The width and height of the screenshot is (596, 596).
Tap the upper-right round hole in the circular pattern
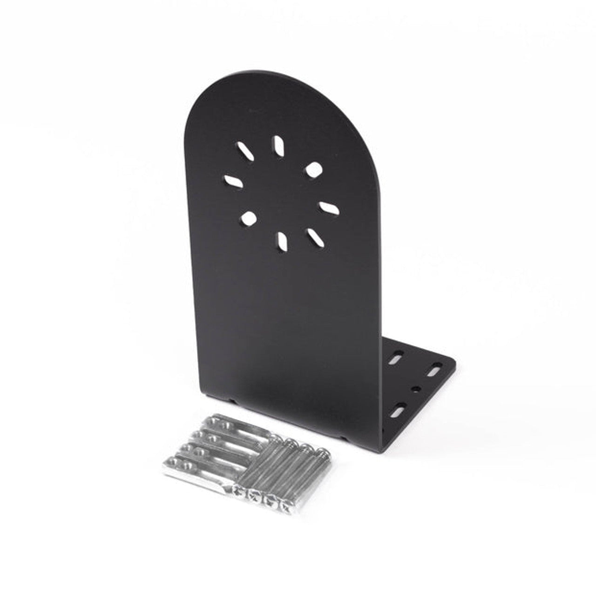[x=313, y=169]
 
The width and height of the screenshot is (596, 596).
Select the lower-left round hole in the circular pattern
[x=249, y=217]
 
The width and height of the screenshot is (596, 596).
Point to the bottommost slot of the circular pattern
[x=282, y=239]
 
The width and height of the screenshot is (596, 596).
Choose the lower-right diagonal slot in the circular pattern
[x=316, y=236]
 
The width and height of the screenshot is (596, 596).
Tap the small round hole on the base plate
[x=417, y=388]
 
